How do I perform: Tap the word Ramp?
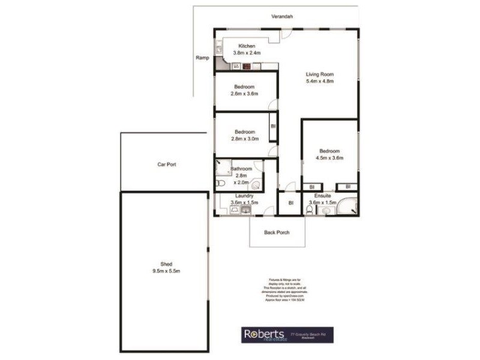click(202, 58)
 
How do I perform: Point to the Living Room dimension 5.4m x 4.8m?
click(319, 80)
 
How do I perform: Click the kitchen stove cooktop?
click(246, 67)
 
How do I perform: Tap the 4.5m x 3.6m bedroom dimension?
click(330, 158)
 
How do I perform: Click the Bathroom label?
click(241, 169)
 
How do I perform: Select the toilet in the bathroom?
click(221, 183)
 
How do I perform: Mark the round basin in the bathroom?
click(256, 185)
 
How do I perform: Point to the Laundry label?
click(244, 196)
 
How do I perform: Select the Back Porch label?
click(277, 232)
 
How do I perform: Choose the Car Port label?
click(166, 164)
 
